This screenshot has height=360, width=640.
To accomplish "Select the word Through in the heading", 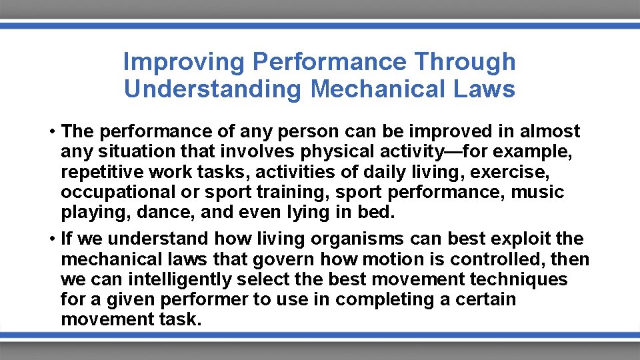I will click(x=465, y=62).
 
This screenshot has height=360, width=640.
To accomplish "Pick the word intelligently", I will click(x=172, y=279).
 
